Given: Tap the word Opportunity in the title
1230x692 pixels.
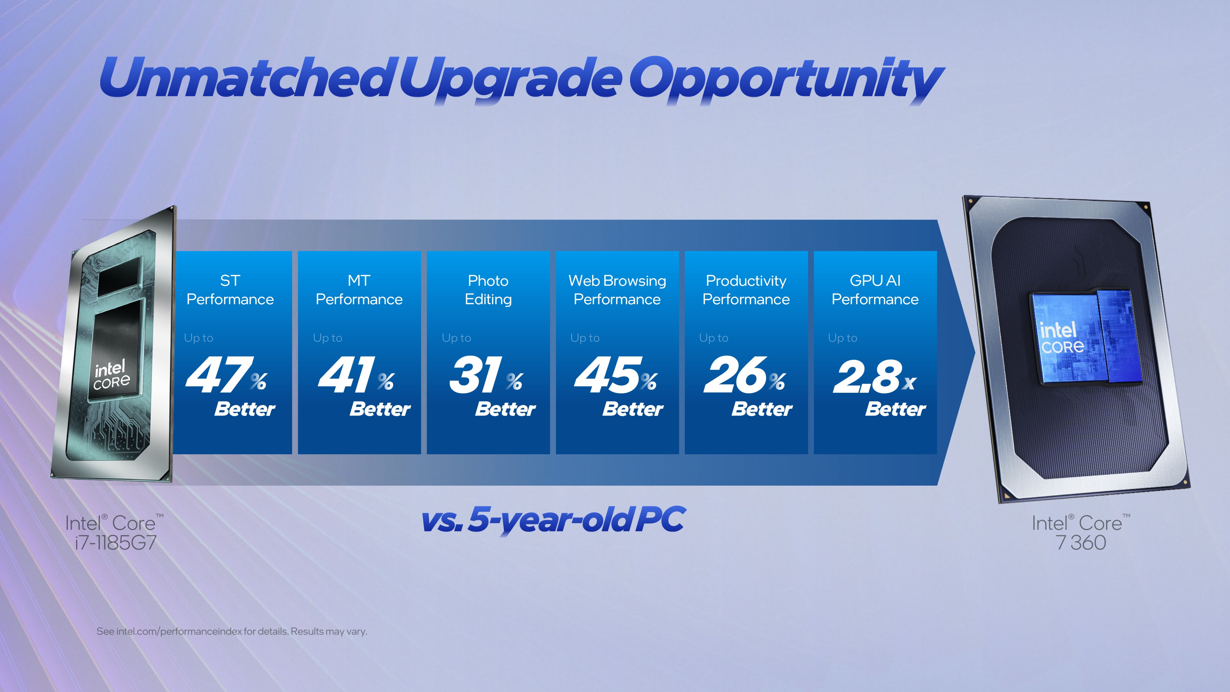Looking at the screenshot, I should coord(785,79).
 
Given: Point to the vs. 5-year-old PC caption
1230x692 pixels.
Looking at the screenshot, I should coord(553,520).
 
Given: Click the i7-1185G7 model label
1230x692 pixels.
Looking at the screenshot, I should coord(116,542).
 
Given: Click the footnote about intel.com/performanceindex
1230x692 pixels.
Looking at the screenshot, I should coord(232,631).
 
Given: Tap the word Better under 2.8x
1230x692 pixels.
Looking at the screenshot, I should coord(895,409).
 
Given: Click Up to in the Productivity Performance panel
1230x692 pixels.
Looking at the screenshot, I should coord(713,338).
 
